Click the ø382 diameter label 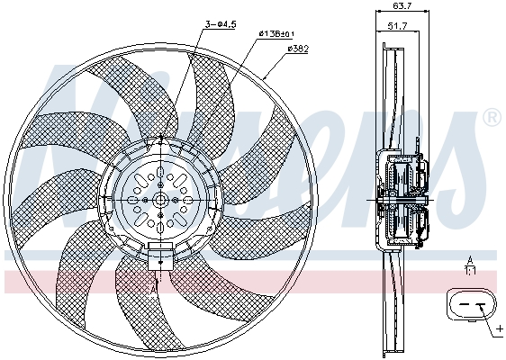pyautogui.click(x=298, y=49)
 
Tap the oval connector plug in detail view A pyautogui.click(x=470, y=306)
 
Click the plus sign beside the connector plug pyautogui.click(x=501, y=329)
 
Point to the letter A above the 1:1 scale pyautogui.click(x=469, y=258)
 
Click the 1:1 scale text pyautogui.click(x=469, y=268)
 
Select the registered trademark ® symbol pyautogui.click(x=492, y=118)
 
